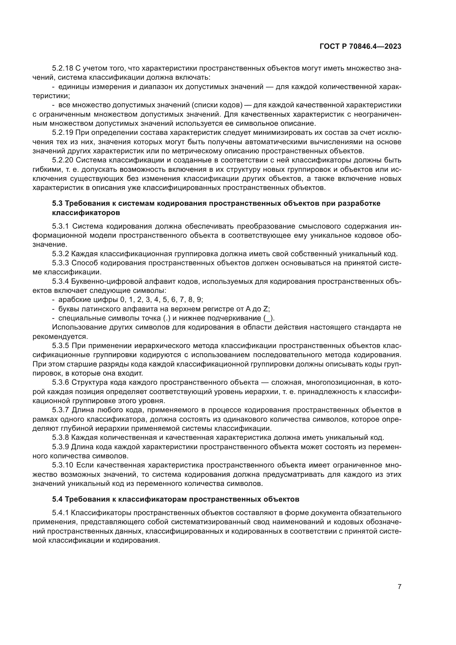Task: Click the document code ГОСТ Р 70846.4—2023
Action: coord(360,47)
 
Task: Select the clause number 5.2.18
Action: coord(63,68)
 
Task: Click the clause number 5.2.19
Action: coord(63,133)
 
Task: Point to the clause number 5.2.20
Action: coord(63,160)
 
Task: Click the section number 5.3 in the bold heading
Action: coord(58,204)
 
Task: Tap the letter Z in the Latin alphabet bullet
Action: coord(265,309)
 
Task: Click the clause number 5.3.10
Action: coord(63,465)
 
